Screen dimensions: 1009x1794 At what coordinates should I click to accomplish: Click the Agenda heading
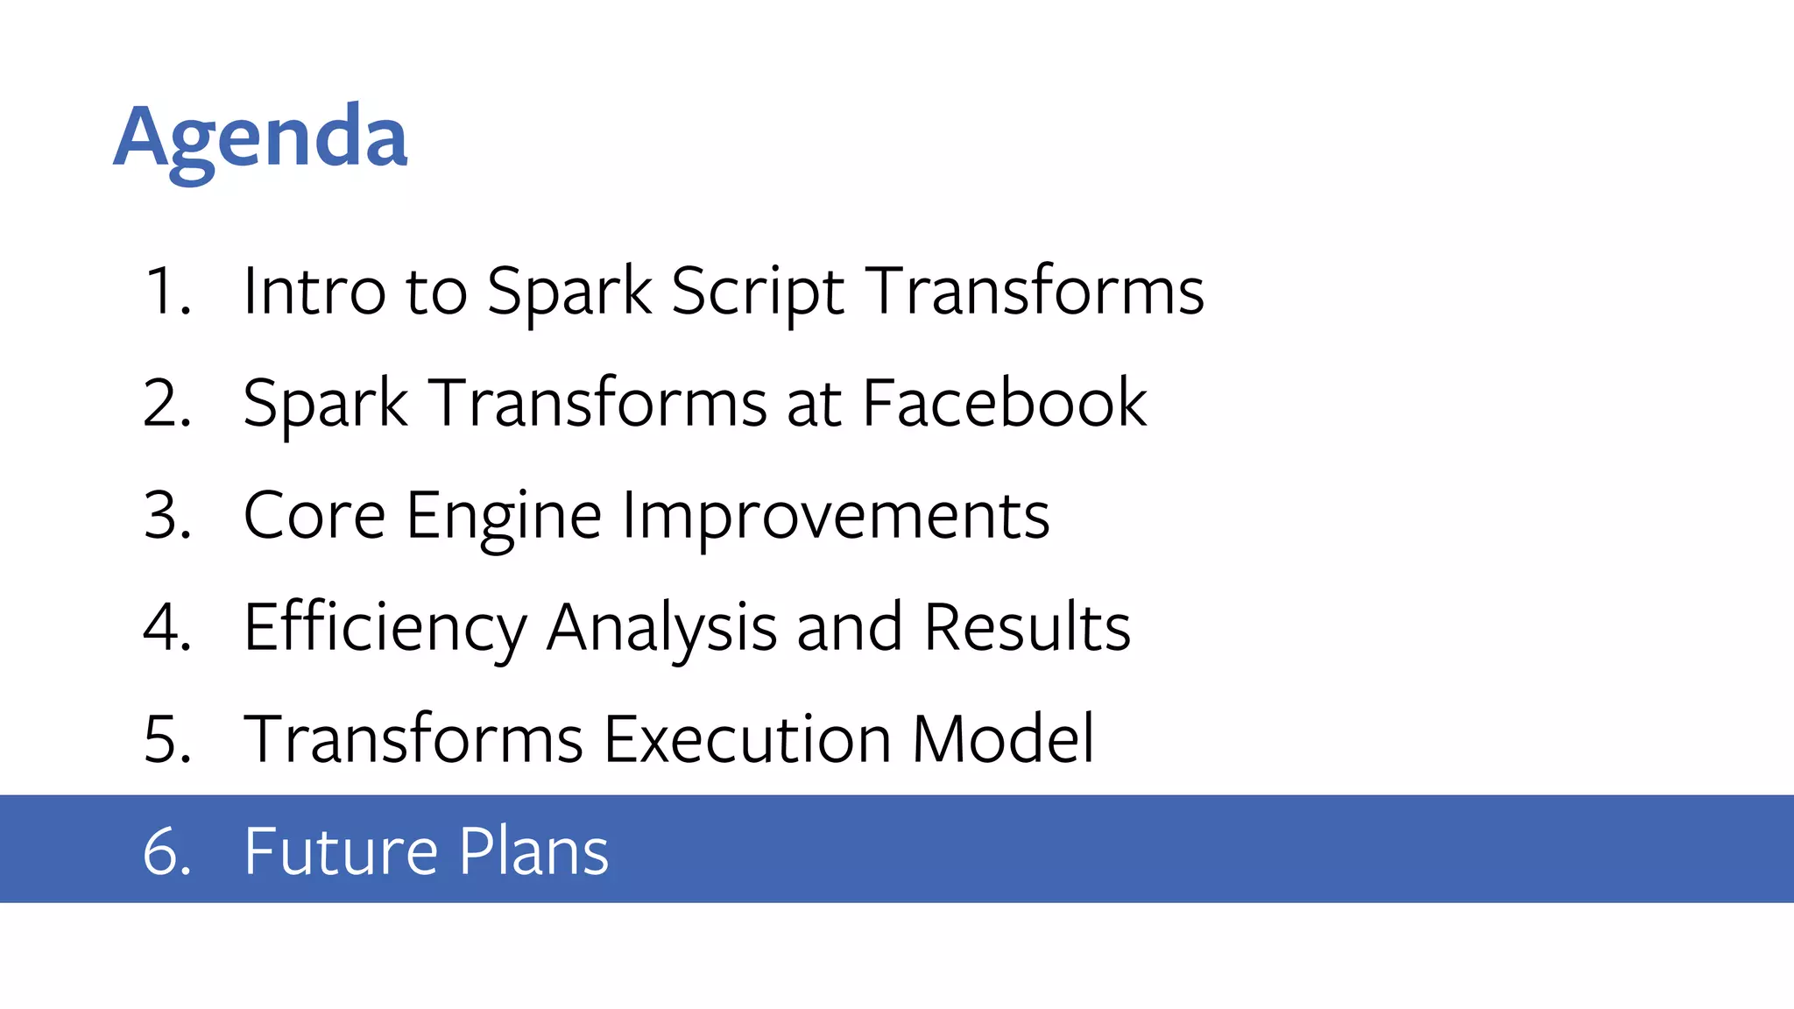coord(260,138)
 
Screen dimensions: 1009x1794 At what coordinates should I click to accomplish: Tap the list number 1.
coord(166,291)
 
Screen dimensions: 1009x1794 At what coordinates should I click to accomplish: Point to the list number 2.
coord(166,403)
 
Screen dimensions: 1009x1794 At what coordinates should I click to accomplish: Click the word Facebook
coord(1004,403)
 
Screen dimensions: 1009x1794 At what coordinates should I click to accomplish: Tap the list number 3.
coord(166,515)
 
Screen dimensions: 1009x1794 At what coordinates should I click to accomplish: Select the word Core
coord(314,515)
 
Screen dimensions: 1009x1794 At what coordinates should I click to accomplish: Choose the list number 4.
coord(166,627)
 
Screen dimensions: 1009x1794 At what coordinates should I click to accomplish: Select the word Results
coord(1027,627)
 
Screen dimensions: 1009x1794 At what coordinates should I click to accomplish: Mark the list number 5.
coord(166,739)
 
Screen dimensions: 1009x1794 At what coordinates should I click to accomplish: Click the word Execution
coord(747,739)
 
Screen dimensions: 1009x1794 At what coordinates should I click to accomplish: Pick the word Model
coord(1003,739)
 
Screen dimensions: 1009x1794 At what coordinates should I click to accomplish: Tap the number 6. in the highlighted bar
coord(166,850)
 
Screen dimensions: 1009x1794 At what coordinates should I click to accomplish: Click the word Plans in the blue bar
coord(533,850)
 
